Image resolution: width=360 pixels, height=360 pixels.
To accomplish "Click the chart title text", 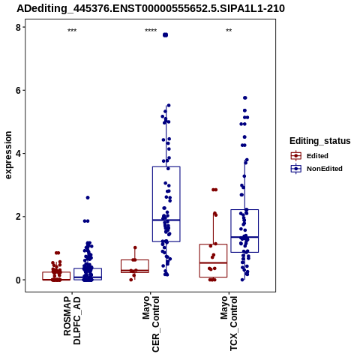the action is pyautogui.click(x=151, y=9).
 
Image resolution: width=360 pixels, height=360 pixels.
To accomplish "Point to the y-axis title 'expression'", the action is pyautogui.click(x=8, y=155).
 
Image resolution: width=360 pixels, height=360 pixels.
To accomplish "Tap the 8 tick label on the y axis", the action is pyautogui.click(x=18, y=27).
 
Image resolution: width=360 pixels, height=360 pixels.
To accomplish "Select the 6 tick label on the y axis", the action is pyautogui.click(x=18, y=90).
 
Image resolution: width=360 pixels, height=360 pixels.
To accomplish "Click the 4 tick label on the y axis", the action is pyautogui.click(x=18, y=153).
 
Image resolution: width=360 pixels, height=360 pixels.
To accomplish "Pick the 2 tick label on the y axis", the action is pyautogui.click(x=18, y=217).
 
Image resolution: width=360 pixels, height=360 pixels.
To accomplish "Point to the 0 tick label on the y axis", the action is pyautogui.click(x=18, y=280).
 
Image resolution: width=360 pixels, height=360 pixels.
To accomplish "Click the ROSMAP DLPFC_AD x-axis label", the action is pyautogui.click(x=72, y=320).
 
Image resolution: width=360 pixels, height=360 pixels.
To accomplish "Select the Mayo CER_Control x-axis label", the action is pyautogui.click(x=151, y=324).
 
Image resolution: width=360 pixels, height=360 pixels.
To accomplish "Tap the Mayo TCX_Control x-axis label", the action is pyautogui.click(x=229, y=323).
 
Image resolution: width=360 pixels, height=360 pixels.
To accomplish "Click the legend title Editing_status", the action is pyautogui.click(x=320, y=141).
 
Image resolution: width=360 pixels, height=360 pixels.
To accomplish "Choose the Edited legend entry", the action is pyautogui.click(x=310, y=156).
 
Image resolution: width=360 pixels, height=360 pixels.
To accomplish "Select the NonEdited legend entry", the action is pyautogui.click(x=316, y=169).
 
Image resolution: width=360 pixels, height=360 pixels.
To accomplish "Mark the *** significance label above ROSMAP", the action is pyautogui.click(x=72, y=31).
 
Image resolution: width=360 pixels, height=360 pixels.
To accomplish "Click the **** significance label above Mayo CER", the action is pyautogui.click(x=151, y=31).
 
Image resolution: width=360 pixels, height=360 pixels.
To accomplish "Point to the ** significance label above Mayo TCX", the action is pyautogui.click(x=229, y=31).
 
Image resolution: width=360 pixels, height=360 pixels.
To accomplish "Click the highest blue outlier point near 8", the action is pyautogui.click(x=165, y=35).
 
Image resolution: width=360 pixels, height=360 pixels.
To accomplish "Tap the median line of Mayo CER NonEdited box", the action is pyautogui.click(x=166, y=220).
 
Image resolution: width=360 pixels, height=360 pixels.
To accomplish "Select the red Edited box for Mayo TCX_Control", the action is pyautogui.click(x=213, y=260).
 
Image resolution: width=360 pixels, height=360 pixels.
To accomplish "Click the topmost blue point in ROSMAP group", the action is pyautogui.click(x=88, y=198).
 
